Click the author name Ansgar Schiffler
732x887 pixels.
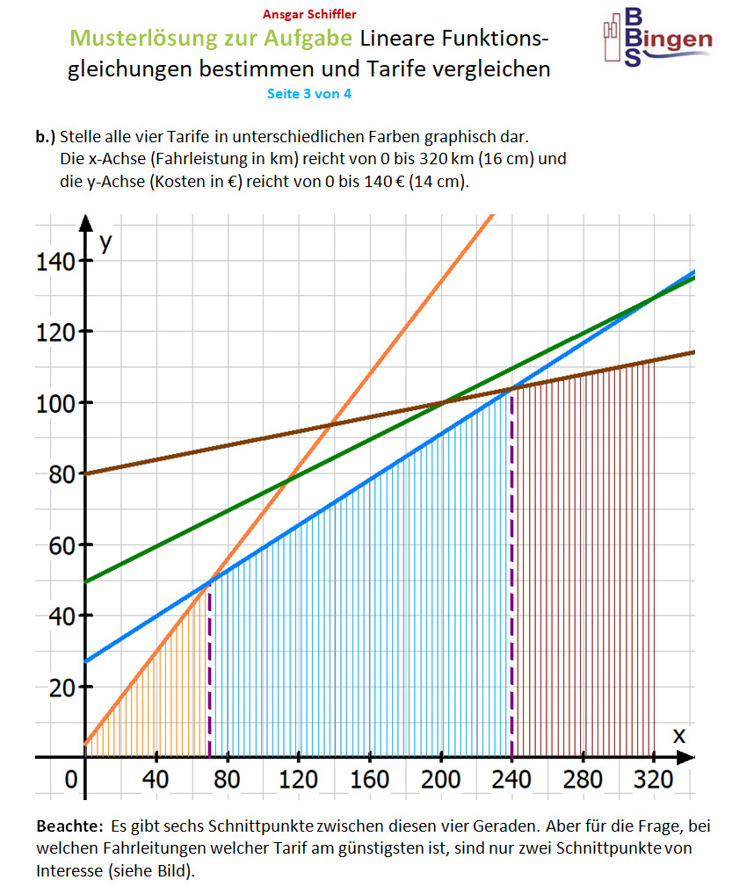tap(309, 15)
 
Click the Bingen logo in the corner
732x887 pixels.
tap(657, 37)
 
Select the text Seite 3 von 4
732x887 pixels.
tap(309, 94)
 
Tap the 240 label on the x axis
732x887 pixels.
tap(511, 779)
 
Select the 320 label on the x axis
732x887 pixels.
tap(654, 779)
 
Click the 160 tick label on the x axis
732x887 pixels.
tap(369, 779)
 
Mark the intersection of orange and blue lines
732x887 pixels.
tap(209, 581)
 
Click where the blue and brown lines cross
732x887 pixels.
tap(511, 388)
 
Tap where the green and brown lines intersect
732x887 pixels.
tap(441, 403)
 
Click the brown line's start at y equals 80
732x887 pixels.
tap(85, 473)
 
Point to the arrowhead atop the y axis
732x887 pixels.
tap(85, 220)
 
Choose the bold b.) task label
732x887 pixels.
tap(46, 137)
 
